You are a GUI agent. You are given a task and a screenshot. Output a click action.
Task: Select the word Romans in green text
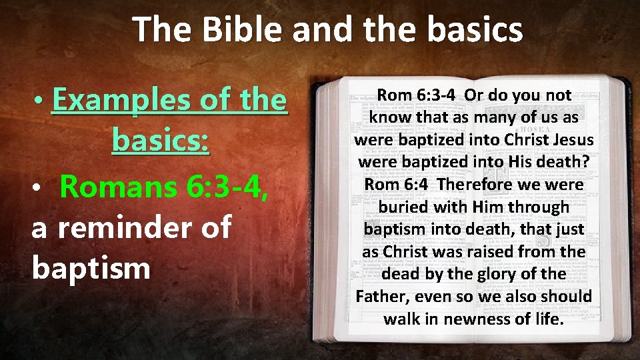[x=116, y=187]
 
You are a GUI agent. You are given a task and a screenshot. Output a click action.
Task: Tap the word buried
[x=403, y=207]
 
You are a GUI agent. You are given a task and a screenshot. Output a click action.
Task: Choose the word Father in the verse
[x=380, y=296]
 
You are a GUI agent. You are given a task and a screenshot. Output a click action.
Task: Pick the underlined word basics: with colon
[x=161, y=141]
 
